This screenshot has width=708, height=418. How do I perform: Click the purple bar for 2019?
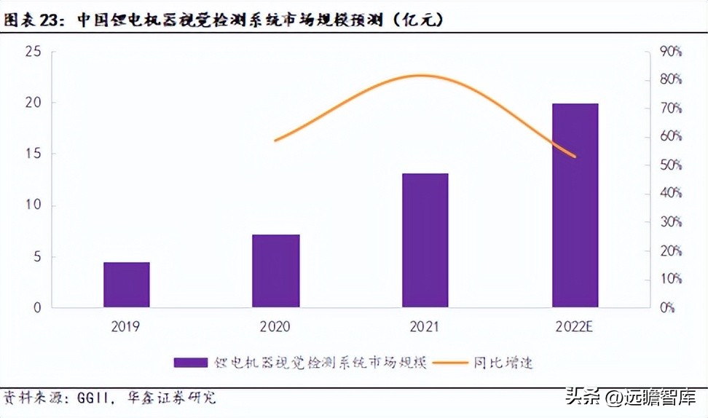126,285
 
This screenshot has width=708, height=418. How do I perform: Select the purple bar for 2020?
276,271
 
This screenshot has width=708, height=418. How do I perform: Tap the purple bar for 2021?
425,240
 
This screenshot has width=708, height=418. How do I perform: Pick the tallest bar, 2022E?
575,205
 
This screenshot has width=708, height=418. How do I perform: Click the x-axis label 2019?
126,327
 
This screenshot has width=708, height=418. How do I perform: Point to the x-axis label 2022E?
575,327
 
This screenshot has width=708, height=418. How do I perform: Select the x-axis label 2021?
425,327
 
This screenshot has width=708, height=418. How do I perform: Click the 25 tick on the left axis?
32,52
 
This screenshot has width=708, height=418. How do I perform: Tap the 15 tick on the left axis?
32,154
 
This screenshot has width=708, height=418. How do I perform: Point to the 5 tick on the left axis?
36,257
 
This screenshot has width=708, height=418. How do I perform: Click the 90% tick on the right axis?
669,52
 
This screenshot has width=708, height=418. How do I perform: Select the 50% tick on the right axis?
669,165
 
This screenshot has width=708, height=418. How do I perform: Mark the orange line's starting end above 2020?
275,141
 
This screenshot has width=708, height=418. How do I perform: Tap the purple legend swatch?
192,362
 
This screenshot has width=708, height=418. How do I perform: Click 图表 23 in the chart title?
32,20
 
